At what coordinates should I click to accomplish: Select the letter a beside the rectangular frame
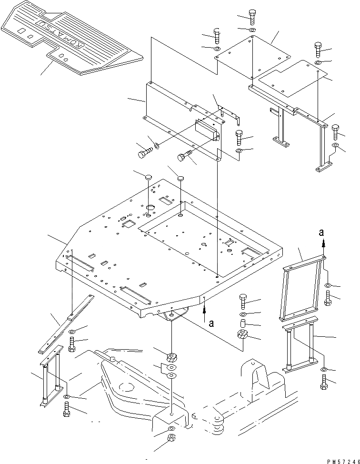coord(322,232)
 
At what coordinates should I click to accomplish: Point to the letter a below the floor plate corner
coord(211,323)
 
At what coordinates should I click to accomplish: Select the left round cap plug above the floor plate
coord(148,178)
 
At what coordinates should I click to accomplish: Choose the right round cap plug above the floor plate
coord(181,178)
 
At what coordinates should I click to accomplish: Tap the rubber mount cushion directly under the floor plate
coord(170,357)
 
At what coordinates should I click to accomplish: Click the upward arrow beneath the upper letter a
coord(323,243)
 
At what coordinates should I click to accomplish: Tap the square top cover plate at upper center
coord(252,55)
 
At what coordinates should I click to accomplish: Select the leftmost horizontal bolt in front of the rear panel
coord(143,153)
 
